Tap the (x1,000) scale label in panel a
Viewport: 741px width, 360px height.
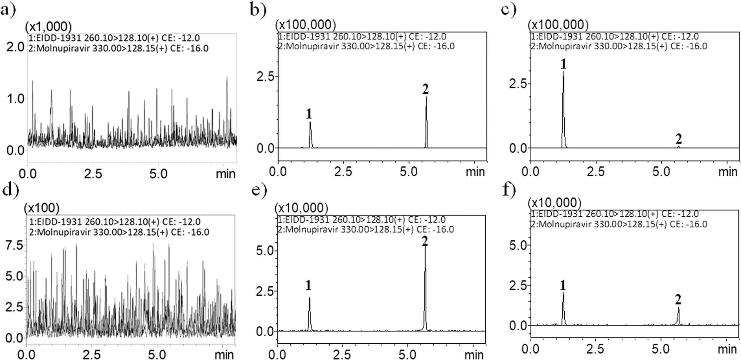click(x=48, y=26)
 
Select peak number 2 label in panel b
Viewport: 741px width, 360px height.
click(x=425, y=89)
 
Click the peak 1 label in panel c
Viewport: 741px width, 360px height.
click(x=563, y=64)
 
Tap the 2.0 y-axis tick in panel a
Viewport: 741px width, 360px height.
click(x=16, y=47)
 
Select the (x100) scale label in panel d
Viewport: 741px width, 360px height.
click(x=41, y=208)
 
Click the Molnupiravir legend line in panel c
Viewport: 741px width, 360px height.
click(x=619, y=46)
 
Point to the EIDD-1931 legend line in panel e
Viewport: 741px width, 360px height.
click(x=362, y=220)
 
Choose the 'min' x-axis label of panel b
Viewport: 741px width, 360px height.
click(x=475, y=172)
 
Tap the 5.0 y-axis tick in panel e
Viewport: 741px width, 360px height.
click(x=265, y=251)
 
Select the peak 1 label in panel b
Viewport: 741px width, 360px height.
click(x=309, y=114)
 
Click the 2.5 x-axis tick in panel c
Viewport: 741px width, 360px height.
click(x=596, y=172)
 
